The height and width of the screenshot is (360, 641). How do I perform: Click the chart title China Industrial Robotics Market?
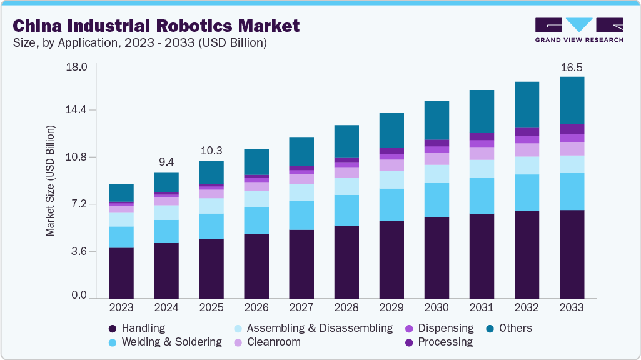pos(156,26)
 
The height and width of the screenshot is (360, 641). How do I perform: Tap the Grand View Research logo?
pos(578,30)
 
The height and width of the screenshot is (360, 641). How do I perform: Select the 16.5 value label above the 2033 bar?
pos(571,67)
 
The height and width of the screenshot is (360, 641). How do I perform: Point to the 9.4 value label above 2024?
pos(166,162)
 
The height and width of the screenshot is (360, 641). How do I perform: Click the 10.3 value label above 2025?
pos(211,151)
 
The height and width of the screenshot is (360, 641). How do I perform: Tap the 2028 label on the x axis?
pos(346,307)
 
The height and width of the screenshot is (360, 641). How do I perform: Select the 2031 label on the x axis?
pos(482,307)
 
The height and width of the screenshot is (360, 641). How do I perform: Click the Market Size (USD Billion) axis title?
pos(50,181)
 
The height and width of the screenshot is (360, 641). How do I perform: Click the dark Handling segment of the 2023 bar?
pos(121,273)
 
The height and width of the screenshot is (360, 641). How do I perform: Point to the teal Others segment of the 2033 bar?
pos(572,101)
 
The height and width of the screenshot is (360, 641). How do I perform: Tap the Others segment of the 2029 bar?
pos(391,130)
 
